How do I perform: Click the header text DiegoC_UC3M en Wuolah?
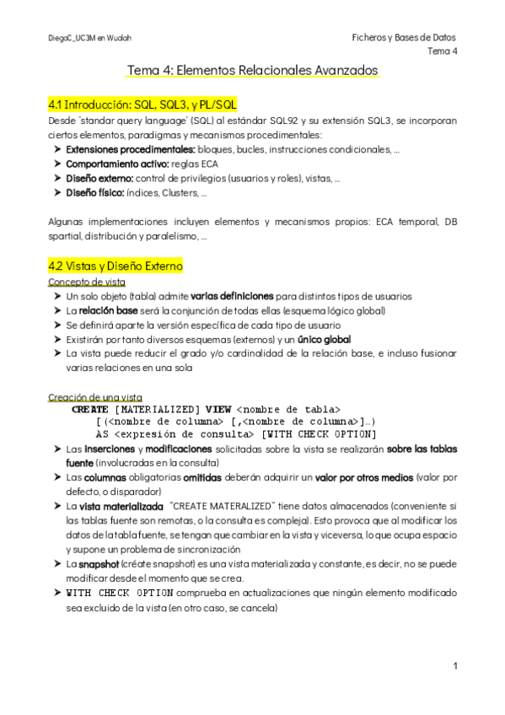click(79, 39)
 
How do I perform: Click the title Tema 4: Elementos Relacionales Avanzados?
click(252, 70)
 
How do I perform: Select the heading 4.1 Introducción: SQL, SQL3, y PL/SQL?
click(142, 105)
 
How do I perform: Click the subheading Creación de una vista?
click(95, 396)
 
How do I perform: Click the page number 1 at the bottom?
click(454, 666)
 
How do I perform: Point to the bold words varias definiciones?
click(231, 296)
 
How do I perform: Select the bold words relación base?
click(107, 310)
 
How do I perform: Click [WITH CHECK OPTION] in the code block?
click(318, 434)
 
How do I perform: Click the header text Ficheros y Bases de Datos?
click(404, 38)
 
